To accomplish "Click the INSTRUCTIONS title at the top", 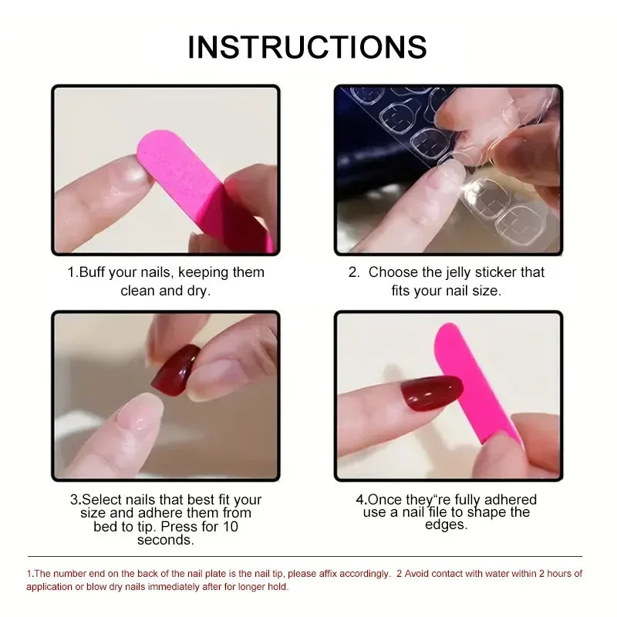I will pyautogui.click(x=307, y=47).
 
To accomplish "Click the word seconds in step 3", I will pyautogui.click(x=165, y=540).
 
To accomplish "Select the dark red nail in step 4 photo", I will pyautogui.click(x=431, y=394).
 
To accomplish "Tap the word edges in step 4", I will pyautogui.click(x=446, y=524).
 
